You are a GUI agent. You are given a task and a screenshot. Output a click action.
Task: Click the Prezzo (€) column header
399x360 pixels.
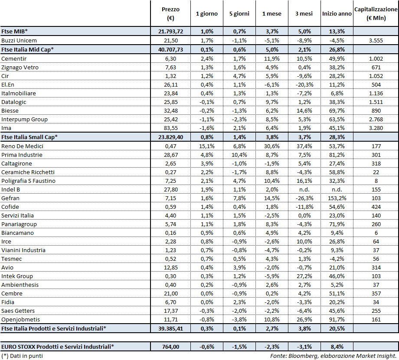170,13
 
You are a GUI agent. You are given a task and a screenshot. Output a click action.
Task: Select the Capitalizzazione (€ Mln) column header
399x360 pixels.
376,13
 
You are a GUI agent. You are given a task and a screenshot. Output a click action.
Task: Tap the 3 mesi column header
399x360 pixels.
304,14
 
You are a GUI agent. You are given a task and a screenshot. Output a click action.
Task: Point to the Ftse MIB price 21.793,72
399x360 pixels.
170,32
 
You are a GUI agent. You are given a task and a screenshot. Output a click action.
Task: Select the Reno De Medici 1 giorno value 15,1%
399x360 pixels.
207,146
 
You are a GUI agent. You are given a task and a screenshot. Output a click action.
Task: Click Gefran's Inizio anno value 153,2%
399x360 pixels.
337,198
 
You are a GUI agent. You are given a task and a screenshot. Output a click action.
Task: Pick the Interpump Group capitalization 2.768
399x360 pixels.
376,119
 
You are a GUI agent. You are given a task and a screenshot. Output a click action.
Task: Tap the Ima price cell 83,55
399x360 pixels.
170,128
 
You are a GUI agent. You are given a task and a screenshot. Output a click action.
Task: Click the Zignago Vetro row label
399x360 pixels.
20,67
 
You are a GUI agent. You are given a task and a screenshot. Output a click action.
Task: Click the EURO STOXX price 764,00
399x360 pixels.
170,346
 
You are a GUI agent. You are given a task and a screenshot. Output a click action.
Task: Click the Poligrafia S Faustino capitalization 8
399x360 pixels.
376,181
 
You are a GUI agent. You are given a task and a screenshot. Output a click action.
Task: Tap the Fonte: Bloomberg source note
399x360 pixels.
333,356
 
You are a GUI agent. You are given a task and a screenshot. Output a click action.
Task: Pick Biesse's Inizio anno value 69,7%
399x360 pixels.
337,110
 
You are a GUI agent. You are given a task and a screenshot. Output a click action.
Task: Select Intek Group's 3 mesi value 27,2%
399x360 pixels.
304,276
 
